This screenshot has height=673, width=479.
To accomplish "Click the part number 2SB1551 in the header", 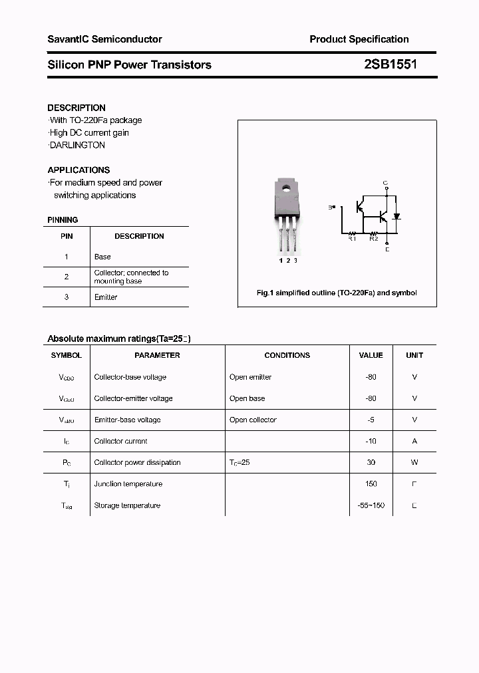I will point(391,65).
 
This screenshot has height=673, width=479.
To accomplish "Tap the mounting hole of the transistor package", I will point(288,187).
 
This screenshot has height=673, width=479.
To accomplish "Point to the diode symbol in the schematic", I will point(397,216).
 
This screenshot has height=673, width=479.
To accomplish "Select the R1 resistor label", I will point(353,239).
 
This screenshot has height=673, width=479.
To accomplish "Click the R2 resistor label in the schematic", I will point(373,239).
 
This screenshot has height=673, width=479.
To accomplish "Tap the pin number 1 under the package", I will point(281,260).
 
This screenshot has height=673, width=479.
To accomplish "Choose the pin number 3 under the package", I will point(295,260).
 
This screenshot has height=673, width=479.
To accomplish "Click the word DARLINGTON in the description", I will point(77,145).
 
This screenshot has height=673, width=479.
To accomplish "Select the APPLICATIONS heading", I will point(79,170).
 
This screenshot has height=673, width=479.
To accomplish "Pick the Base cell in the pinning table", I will point(102,257).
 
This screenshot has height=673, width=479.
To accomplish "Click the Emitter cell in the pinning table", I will point(106,297).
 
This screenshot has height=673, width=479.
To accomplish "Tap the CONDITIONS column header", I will point(287,355).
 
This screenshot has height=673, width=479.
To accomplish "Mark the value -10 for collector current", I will point(371,441).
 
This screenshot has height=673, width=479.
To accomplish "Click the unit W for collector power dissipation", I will point(414,462).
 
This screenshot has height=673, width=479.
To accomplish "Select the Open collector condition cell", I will point(253,420).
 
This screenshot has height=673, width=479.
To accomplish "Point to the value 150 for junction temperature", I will point(371,483).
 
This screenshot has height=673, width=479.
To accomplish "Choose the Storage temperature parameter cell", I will point(127,505).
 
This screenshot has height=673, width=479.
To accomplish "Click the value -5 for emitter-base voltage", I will point(371,420).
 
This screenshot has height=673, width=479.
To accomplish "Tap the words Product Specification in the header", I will point(359,39).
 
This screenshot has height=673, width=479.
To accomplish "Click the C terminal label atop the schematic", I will point(386,182).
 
